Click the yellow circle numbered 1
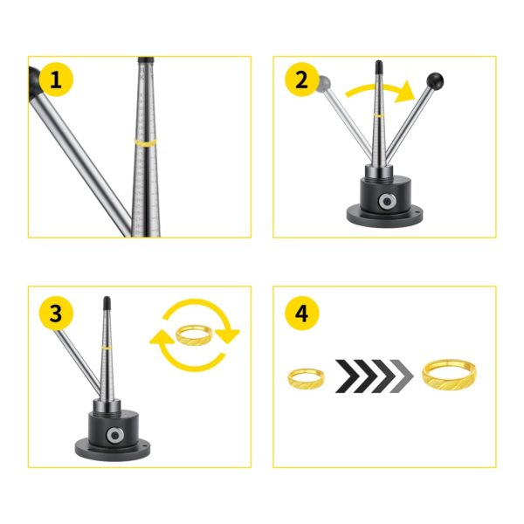(56, 79)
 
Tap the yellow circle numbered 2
(301, 79)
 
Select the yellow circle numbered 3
(56, 314)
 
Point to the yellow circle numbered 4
(301, 314)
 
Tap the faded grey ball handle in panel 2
(323, 82)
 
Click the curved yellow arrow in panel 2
(380, 92)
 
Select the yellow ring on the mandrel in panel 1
(145, 142)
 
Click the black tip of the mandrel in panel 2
(379, 68)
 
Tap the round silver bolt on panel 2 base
(387, 201)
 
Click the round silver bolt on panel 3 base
(115, 435)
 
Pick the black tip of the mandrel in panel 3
(107, 303)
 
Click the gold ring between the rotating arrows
(194, 335)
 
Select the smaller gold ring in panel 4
(306, 379)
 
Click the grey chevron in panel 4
(402, 376)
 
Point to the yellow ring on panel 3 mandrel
(107, 348)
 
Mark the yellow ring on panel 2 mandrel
(379, 115)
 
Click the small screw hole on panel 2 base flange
(417, 213)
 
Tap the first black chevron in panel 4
(348, 376)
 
